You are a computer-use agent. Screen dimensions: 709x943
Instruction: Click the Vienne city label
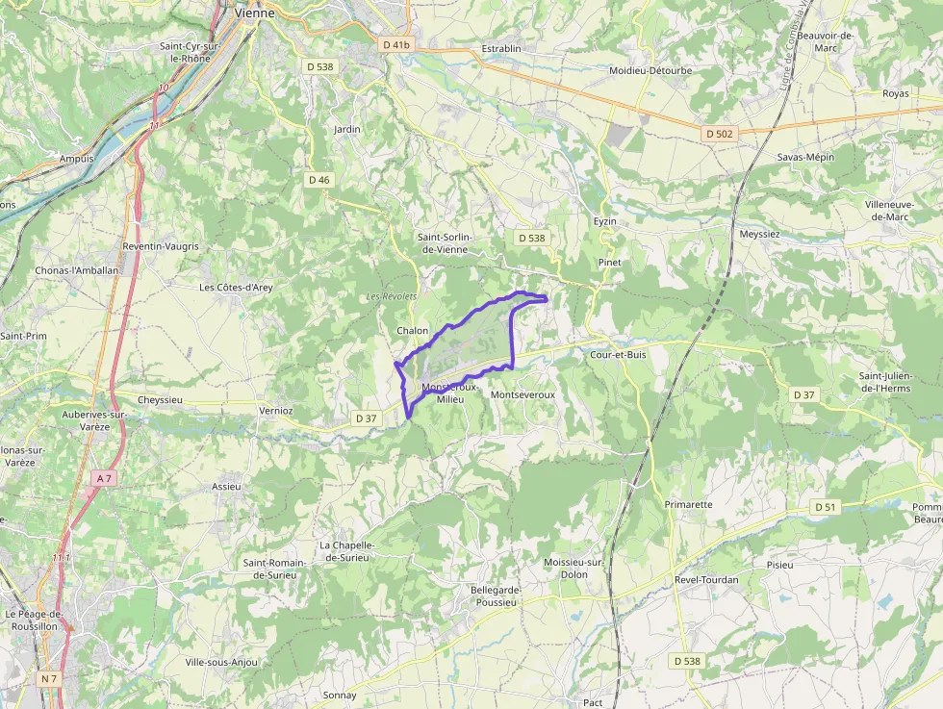pyautogui.click(x=255, y=13)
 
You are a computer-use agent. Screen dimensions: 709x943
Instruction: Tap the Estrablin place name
pyautogui.click(x=501, y=48)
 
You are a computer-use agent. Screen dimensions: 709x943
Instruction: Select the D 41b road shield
pyautogui.click(x=395, y=44)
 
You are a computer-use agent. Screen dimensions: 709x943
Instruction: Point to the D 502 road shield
pyautogui.click(x=719, y=135)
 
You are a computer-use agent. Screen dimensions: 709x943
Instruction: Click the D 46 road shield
pyautogui.click(x=319, y=180)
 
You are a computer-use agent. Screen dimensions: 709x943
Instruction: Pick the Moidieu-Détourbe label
pyautogui.click(x=650, y=70)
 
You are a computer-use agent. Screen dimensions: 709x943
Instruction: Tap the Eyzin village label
pyautogui.click(x=604, y=221)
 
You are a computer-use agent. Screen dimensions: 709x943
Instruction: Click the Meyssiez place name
pyautogui.click(x=759, y=234)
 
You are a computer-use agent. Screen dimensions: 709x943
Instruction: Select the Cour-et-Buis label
pyautogui.click(x=618, y=355)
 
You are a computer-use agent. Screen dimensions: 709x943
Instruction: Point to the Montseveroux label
pyautogui.click(x=522, y=395)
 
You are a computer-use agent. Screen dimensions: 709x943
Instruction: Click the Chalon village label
pyautogui.click(x=412, y=331)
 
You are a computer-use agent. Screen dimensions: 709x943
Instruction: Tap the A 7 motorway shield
pyautogui.click(x=105, y=478)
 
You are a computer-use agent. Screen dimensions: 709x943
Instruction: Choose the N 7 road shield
pyautogui.click(x=49, y=678)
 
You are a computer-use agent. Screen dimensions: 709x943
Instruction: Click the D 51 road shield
pyautogui.click(x=826, y=507)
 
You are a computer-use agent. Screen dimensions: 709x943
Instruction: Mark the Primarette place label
pyautogui.click(x=689, y=504)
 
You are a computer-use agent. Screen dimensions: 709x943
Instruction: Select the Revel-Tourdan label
pyautogui.click(x=706, y=580)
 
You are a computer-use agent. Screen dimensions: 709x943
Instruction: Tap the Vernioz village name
pyautogui.click(x=275, y=410)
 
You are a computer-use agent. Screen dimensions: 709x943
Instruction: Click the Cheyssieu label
pyautogui.click(x=160, y=399)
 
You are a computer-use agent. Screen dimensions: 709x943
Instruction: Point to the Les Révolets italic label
pyautogui.click(x=392, y=296)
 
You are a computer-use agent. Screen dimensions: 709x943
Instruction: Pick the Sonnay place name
pyautogui.click(x=340, y=696)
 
